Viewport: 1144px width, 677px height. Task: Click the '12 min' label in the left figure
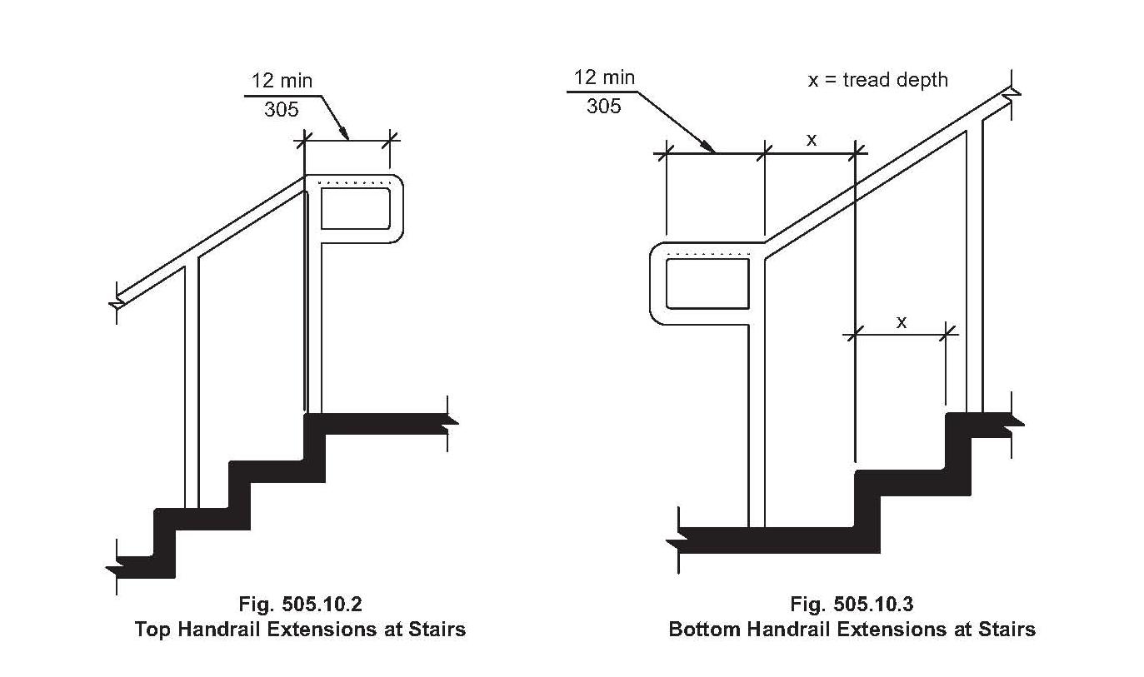pyautogui.click(x=282, y=81)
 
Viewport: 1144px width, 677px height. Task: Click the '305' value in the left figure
pyautogui.click(x=282, y=109)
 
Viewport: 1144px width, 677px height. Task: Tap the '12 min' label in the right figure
pyautogui.click(x=604, y=77)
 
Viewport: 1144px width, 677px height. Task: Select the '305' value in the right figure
pyautogui.click(x=604, y=107)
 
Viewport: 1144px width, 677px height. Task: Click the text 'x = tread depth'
pyautogui.click(x=878, y=80)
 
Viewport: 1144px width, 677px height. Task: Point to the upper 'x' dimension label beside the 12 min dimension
pyautogui.click(x=812, y=139)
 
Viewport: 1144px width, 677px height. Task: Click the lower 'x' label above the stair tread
pyautogui.click(x=902, y=322)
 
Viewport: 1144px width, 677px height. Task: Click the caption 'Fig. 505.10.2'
pyautogui.click(x=300, y=605)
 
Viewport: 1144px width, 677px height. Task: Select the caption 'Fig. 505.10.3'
pyautogui.click(x=852, y=605)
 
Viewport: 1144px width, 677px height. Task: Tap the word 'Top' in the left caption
pyautogui.click(x=152, y=630)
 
